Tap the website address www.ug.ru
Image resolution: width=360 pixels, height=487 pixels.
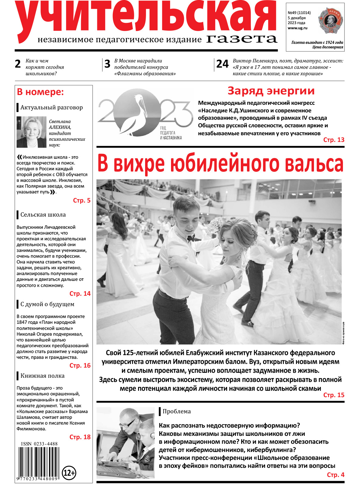click(297, 28)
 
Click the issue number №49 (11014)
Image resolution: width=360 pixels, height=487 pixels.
click(299, 13)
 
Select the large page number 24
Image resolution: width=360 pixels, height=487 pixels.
click(222, 64)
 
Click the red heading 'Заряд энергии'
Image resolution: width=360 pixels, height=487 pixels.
click(271, 91)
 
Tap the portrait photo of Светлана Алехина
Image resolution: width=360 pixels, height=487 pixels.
click(31, 132)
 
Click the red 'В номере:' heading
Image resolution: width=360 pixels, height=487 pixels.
click(40, 92)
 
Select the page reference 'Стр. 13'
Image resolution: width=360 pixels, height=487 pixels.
click(333, 140)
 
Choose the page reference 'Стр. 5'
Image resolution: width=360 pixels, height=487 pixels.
click(82, 200)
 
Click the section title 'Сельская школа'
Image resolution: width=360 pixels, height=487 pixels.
click(43, 215)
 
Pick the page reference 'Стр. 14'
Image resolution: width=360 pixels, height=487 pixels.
click(80, 294)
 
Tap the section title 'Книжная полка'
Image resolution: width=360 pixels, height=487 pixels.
click(42, 376)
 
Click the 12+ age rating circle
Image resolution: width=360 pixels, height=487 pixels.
click(69, 473)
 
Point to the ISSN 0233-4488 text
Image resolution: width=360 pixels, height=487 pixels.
click(39, 444)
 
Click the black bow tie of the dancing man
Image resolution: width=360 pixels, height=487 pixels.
click(191, 238)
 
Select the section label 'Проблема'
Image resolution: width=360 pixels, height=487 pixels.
click(176, 411)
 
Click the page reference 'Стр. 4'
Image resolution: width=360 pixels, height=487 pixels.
click(335, 475)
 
